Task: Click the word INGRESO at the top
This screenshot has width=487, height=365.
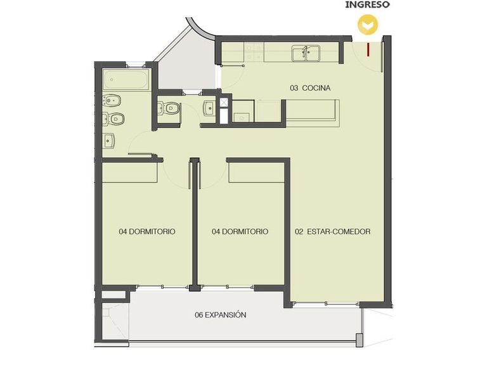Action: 367,4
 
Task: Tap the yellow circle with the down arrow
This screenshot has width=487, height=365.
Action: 368,25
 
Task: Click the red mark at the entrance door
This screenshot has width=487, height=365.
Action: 368,49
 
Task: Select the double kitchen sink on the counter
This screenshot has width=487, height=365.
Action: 306,53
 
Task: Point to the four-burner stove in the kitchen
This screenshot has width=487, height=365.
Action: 254,52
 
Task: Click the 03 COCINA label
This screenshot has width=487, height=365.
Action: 310,88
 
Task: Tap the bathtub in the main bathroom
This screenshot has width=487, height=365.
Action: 126,79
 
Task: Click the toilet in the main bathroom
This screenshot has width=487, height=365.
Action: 114,119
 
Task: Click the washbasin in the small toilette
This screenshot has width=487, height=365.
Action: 210,108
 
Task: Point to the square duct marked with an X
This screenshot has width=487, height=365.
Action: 224,102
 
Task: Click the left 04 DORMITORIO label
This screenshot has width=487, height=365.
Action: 147,231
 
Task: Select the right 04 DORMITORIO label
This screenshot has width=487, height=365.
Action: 240,231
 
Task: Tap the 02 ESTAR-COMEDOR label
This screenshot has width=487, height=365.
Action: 332,231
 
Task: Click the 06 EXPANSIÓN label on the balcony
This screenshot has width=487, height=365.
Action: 220,315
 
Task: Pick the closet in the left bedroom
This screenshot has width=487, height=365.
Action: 130,172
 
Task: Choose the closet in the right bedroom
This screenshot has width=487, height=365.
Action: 257,172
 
